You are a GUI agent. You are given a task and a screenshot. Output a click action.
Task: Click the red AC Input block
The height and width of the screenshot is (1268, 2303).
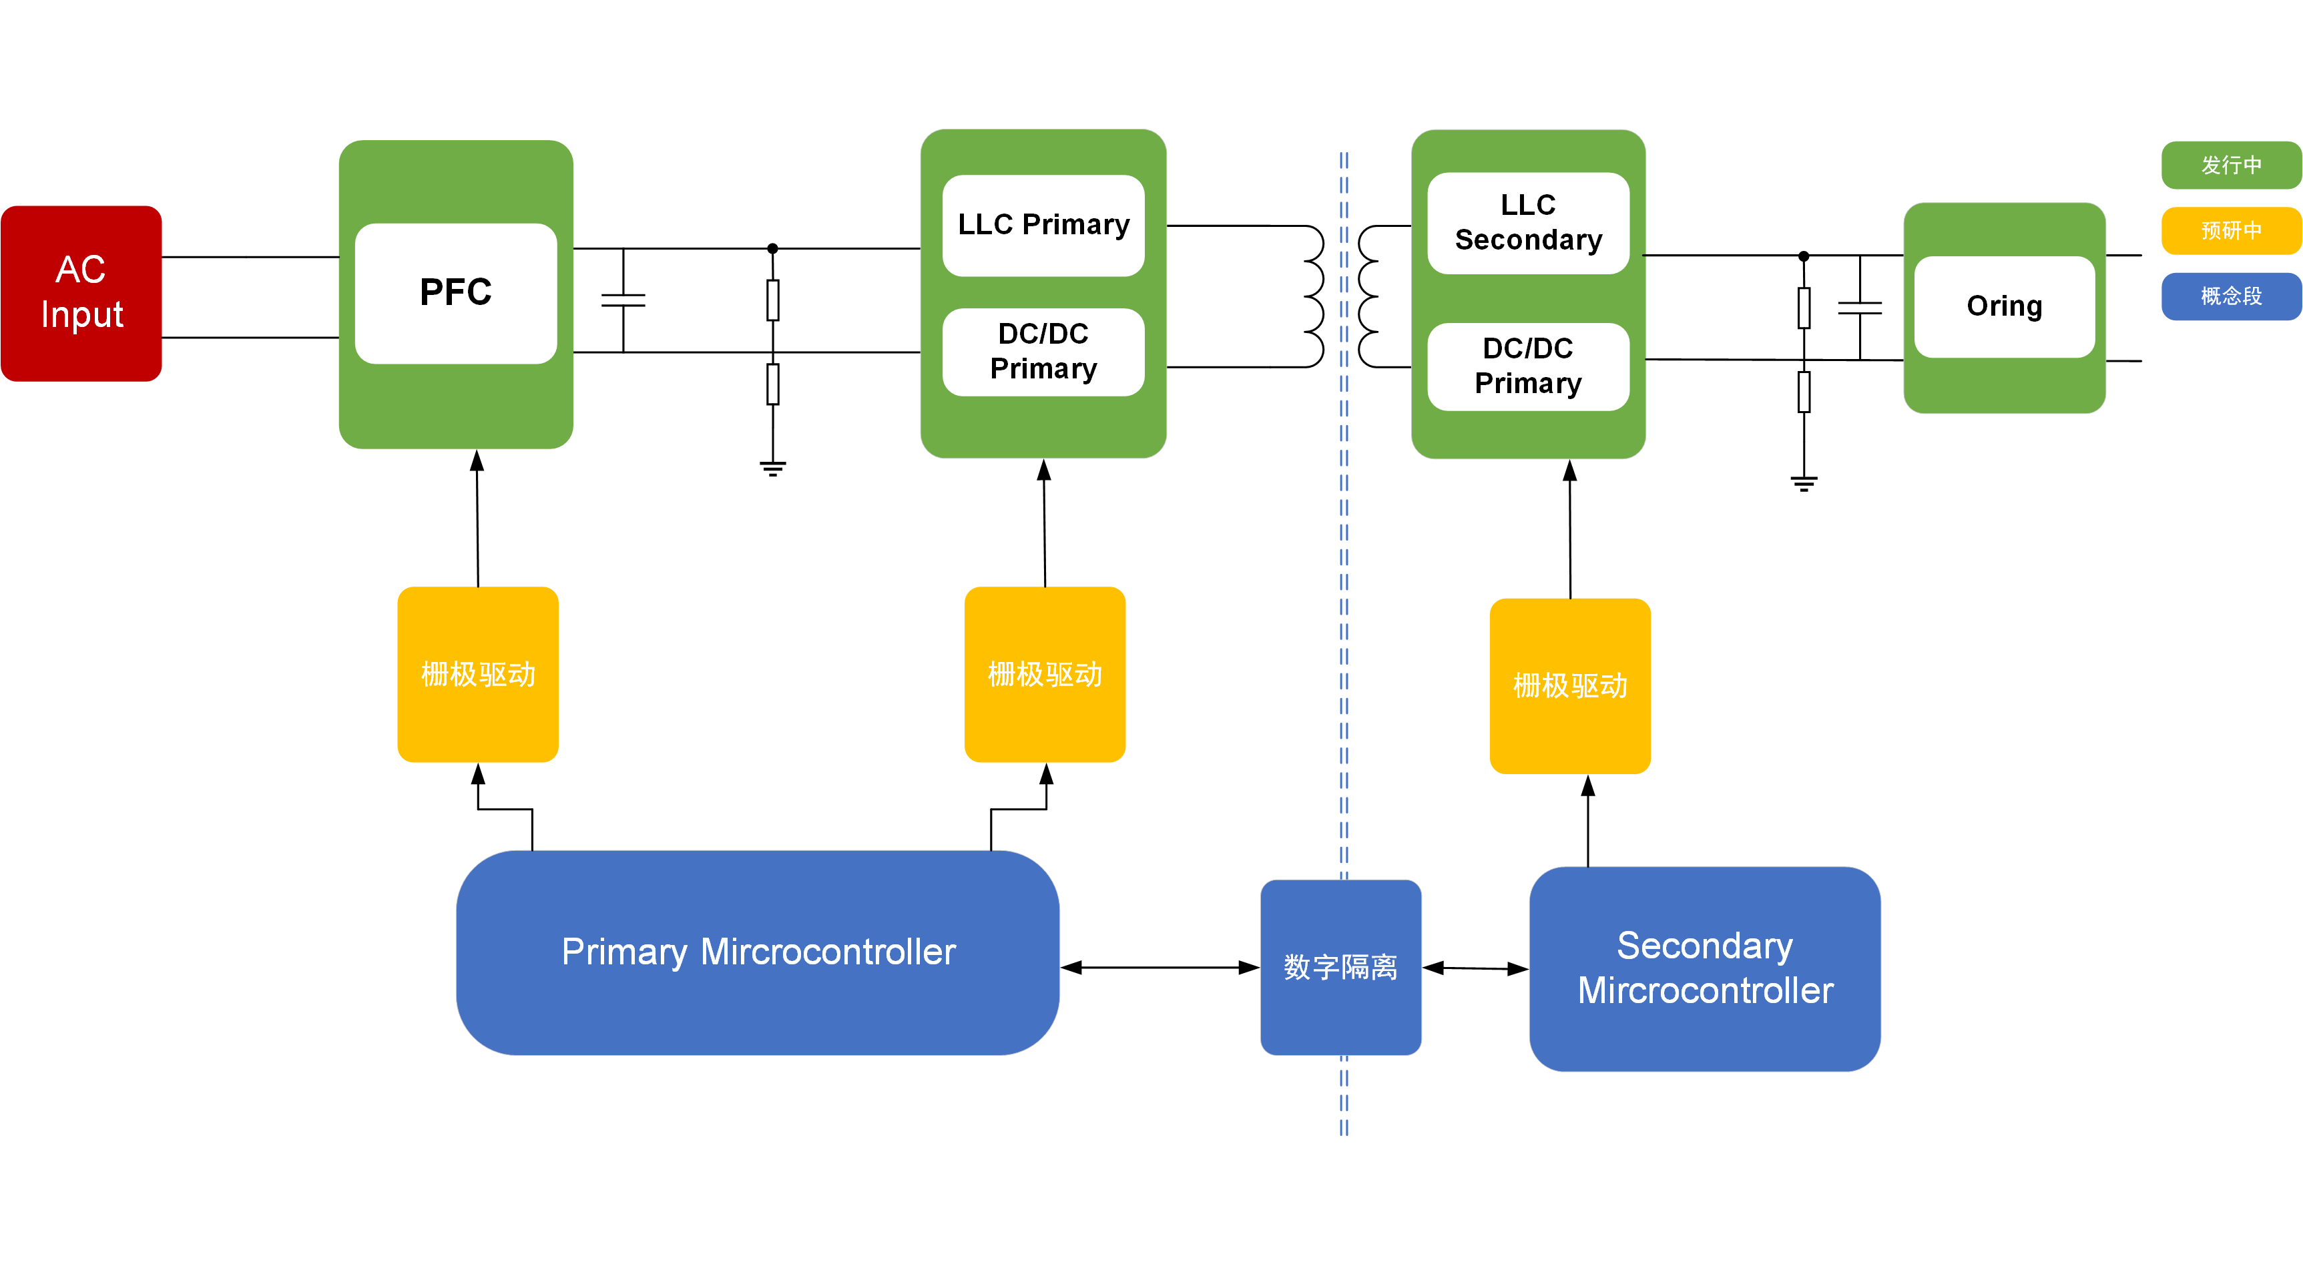click(x=81, y=293)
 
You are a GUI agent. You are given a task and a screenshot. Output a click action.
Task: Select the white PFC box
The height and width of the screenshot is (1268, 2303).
click(x=456, y=293)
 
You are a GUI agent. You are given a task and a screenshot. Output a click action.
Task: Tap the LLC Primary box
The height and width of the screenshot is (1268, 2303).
click(x=1043, y=225)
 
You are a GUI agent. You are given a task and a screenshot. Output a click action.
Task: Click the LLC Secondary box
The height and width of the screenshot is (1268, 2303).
click(x=1528, y=222)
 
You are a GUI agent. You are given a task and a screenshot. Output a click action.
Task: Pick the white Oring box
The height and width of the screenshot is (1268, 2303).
click(x=2005, y=306)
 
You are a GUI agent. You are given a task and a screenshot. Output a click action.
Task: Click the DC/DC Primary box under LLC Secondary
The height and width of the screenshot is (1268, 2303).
click(x=1528, y=366)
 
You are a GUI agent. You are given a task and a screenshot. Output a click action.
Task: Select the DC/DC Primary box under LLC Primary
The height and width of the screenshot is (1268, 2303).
click(x=1043, y=351)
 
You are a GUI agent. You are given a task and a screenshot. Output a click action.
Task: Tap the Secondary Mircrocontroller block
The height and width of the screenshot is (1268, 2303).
click(x=1704, y=968)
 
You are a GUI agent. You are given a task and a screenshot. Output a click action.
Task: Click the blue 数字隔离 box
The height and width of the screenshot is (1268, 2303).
click(x=1340, y=967)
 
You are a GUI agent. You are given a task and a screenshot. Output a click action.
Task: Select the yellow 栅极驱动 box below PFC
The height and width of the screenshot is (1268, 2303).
click(x=477, y=674)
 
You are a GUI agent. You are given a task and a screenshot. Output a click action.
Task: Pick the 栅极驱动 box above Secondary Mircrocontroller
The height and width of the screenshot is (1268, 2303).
click(x=1570, y=685)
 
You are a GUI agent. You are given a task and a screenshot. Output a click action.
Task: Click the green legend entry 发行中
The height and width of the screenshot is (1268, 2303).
click(x=2231, y=166)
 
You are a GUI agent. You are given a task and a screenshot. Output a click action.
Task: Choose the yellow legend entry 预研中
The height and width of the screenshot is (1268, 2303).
click(x=2231, y=230)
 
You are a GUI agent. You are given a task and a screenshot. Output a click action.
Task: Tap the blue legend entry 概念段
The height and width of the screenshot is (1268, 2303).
click(x=2231, y=296)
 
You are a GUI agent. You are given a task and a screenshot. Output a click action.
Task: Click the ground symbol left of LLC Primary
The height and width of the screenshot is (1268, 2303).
click(x=772, y=467)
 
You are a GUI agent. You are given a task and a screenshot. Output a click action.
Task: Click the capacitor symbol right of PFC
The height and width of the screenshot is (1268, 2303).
click(x=623, y=300)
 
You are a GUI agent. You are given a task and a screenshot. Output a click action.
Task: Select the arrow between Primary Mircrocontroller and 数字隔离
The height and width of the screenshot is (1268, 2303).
click(x=1160, y=967)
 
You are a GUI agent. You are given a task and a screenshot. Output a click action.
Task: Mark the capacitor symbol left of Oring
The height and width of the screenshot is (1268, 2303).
click(x=1860, y=308)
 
